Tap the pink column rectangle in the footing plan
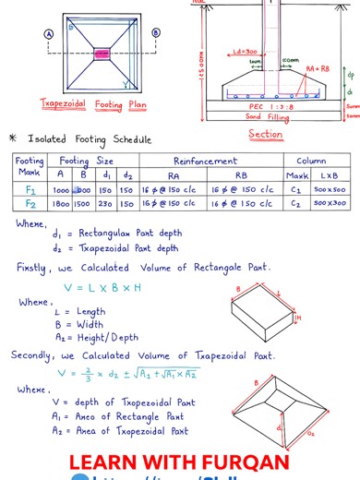point(102,54)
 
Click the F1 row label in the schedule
point(30,189)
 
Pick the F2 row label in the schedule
point(30,203)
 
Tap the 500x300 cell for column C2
point(329,203)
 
